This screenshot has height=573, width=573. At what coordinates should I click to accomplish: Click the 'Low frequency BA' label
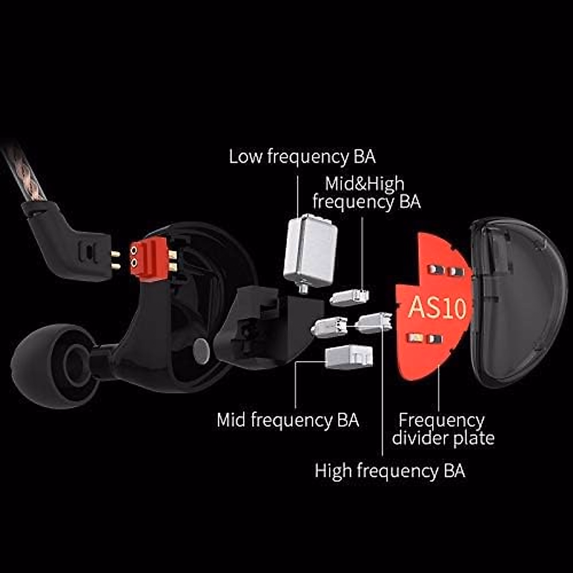[x=302, y=157]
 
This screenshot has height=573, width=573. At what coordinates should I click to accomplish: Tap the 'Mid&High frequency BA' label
[x=366, y=192]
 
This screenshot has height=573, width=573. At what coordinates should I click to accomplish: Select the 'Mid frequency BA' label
[x=287, y=420]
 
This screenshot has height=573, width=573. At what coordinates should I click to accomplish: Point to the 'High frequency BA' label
[x=390, y=471]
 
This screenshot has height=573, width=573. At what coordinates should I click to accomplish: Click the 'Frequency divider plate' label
[x=443, y=429]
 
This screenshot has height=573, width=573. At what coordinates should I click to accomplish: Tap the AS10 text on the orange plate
[x=436, y=308]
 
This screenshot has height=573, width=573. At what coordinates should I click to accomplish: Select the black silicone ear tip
[x=53, y=365]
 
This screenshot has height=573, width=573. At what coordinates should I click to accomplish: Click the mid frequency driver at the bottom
[x=349, y=357]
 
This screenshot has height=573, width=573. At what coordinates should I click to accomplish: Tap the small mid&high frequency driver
[x=350, y=297]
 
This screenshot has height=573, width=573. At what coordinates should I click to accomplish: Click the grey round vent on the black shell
[x=201, y=350]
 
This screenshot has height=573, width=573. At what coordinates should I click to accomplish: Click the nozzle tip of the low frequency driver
[x=302, y=289]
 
